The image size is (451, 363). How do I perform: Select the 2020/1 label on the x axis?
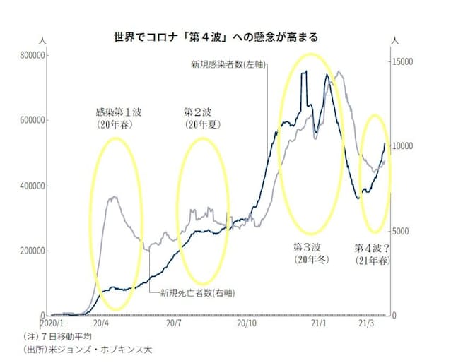[60, 323]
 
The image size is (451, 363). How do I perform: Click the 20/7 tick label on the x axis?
[173, 323]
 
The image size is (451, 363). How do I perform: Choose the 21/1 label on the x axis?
[319, 323]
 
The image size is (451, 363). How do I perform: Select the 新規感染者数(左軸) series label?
[228, 64]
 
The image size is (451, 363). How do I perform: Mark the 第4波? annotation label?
[373, 248]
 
